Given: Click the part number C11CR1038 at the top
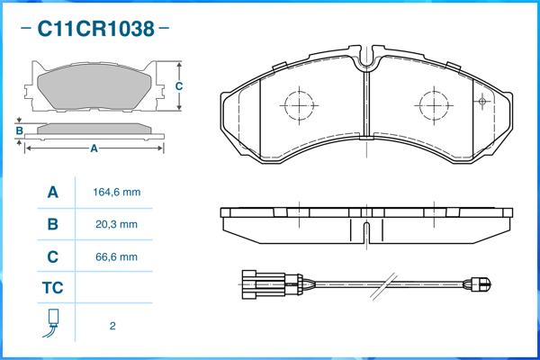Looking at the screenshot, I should click(x=94, y=29).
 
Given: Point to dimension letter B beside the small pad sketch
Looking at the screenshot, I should click(x=19, y=131).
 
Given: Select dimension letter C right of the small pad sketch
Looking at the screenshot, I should click(x=178, y=85).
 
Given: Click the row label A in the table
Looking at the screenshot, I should click(x=52, y=193).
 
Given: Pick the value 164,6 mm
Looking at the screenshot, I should click(x=117, y=193).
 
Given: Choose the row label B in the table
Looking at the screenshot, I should click(x=52, y=224).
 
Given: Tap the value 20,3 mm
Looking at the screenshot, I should click(x=116, y=224).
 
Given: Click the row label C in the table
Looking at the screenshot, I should click(x=52, y=256).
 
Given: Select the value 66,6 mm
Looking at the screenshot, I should click(x=116, y=256).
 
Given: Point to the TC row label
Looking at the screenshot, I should click(x=52, y=289).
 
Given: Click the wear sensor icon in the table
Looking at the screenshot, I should click(x=52, y=323).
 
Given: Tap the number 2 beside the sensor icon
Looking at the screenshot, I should click(x=112, y=326).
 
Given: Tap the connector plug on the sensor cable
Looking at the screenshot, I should click(x=265, y=285).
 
